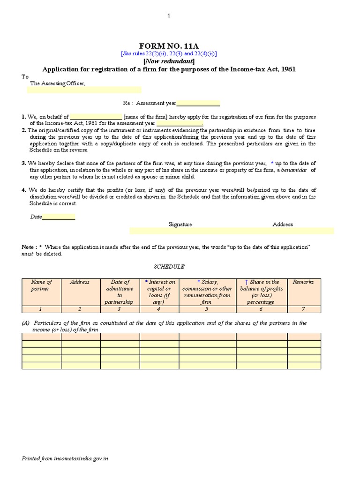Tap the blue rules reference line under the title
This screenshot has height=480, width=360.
(169, 54)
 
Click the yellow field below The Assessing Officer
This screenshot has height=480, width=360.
(84, 90)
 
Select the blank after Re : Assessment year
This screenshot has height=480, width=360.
(198, 104)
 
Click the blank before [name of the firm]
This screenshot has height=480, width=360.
(96, 117)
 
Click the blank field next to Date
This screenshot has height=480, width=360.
(59, 217)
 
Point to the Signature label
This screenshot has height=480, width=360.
(180, 225)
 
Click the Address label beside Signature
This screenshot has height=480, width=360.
(283, 225)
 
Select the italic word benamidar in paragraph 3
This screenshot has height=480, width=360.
(293, 170)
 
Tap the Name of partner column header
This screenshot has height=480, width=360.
(41, 285)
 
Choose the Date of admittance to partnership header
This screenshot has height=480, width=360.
(120, 292)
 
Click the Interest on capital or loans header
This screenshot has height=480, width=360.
(159, 292)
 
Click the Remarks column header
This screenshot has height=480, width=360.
(303, 282)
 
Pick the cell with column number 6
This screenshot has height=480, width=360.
(262, 309)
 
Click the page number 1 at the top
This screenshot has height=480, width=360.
(169, 16)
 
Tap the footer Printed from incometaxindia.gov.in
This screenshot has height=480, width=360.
(65, 458)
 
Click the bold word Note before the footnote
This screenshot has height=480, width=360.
(28, 247)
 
